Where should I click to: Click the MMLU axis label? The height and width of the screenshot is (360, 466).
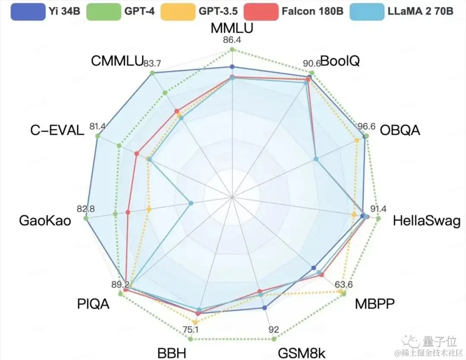[x=232, y=28]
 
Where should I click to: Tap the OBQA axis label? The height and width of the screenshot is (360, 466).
[x=400, y=130]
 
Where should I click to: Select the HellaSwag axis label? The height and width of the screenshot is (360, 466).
[x=426, y=221]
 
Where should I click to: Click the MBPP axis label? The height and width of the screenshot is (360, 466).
[x=375, y=304]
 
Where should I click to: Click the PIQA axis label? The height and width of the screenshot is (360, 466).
[x=93, y=304]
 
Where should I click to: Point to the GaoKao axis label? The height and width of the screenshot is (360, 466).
[x=45, y=221]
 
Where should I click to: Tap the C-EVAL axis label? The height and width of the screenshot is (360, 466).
[x=57, y=130]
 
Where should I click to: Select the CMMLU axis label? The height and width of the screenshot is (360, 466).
[x=116, y=62]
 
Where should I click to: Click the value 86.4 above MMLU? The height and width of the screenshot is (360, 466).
[x=232, y=41]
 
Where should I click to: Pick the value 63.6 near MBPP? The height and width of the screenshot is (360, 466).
[x=343, y=285]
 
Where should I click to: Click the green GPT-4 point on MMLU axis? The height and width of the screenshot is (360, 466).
[x=232, y=50]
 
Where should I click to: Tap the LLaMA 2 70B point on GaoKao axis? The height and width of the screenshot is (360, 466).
[x=191, y=202]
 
